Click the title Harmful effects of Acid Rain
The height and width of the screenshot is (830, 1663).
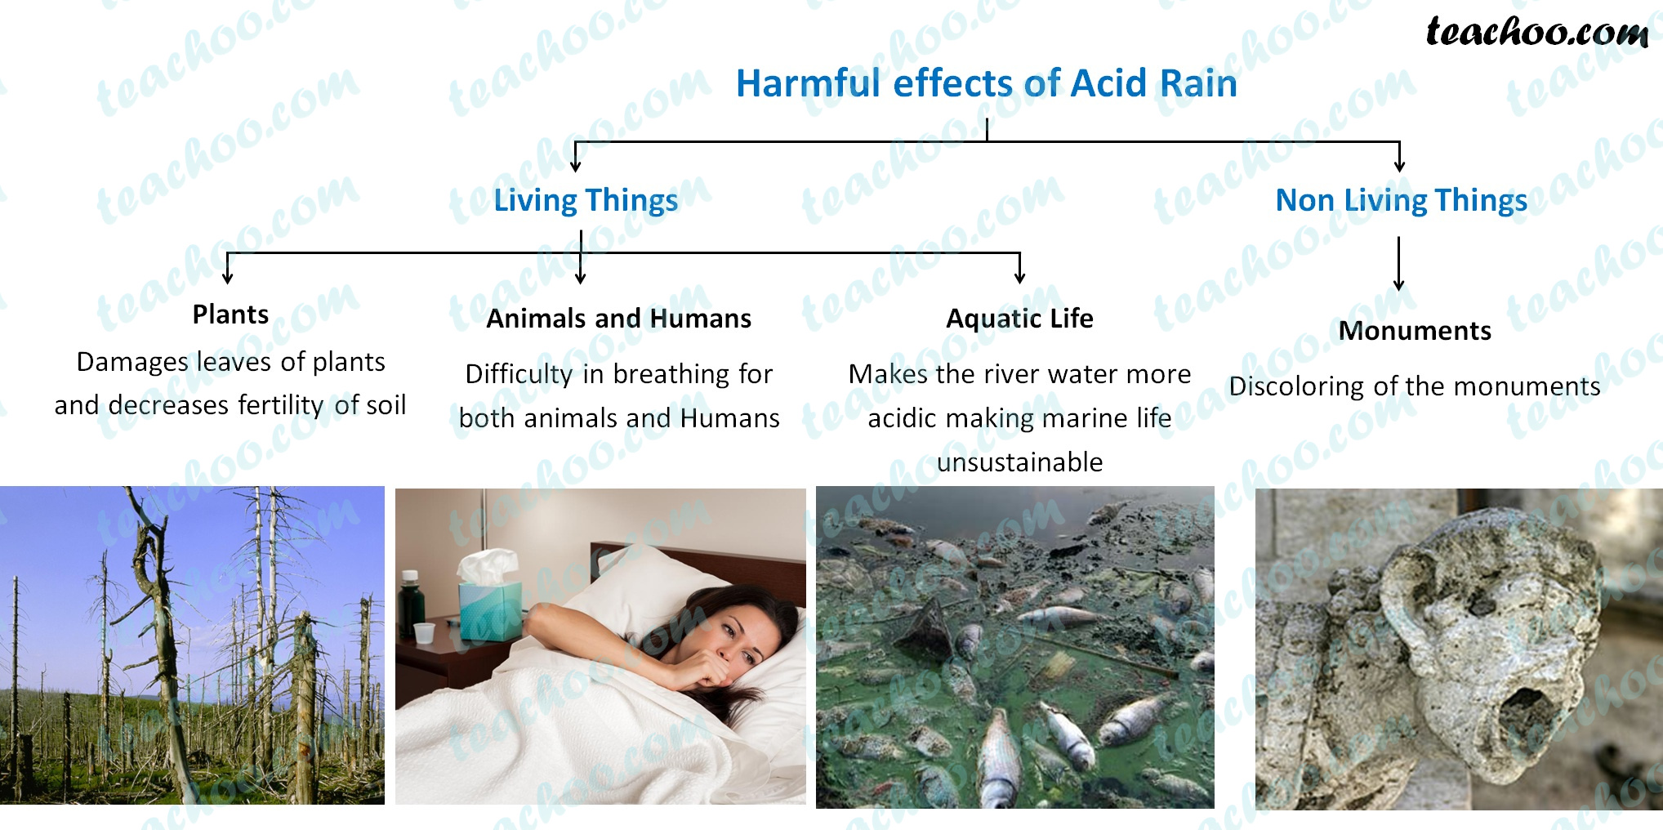(986, 83)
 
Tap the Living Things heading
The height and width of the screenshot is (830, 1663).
(586, 200)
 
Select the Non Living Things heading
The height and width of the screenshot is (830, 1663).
(1401, 200)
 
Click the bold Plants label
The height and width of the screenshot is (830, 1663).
(230, 315)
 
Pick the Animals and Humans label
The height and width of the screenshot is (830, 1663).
(618, 319)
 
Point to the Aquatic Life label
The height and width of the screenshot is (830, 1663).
(1019, 319)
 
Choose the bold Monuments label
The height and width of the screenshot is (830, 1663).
(1415, 331)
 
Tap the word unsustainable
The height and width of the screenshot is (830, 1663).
(1019, 462)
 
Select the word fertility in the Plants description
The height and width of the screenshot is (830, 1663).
(281, 405)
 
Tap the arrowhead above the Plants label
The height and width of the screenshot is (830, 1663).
(228, 278)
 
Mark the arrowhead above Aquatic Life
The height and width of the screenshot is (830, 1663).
(1019, 278)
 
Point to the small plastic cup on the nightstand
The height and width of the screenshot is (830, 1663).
(424, 632)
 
